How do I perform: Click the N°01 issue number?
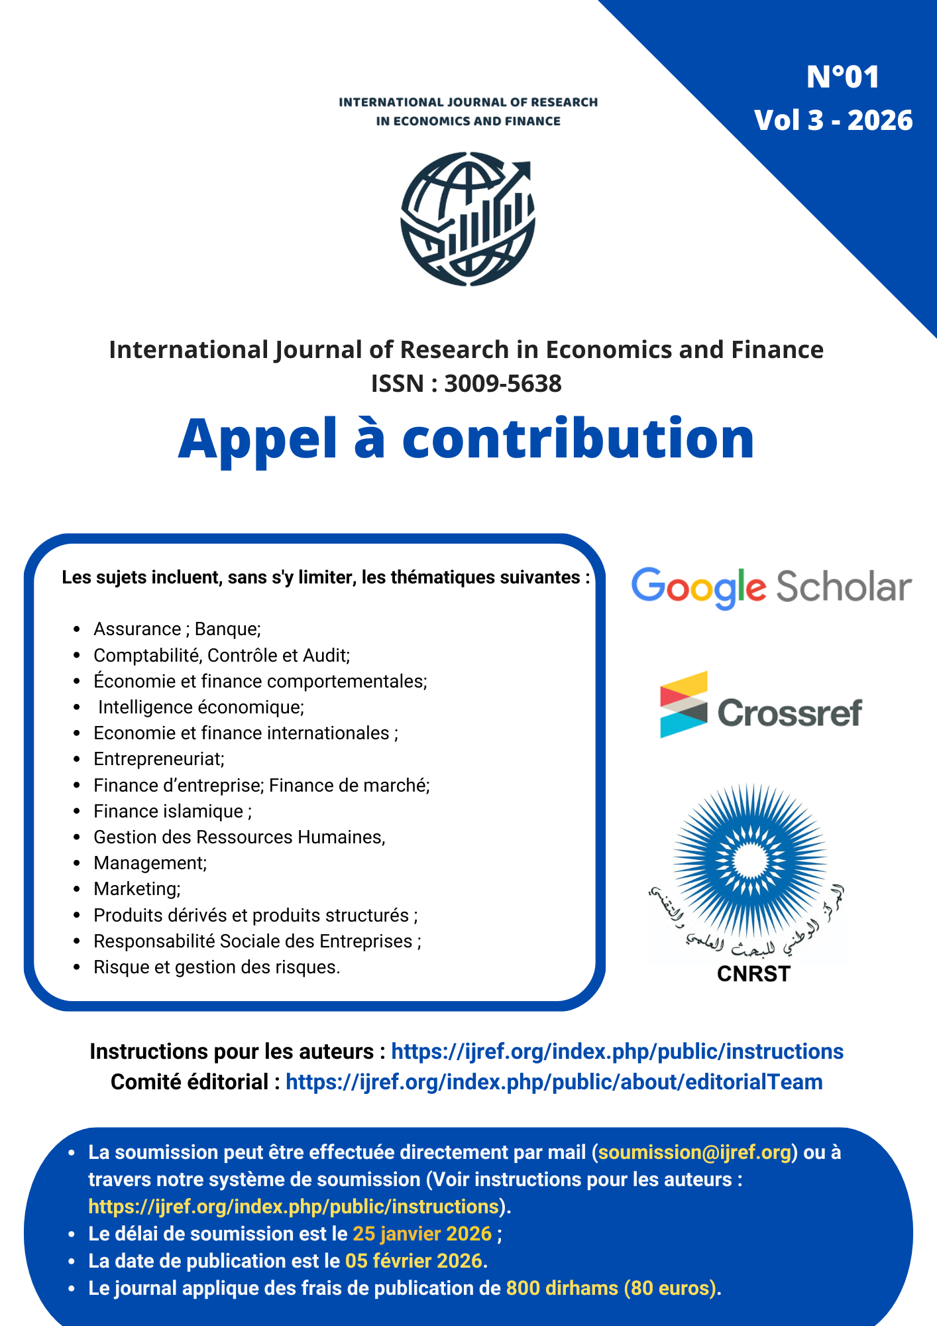(x=842, y=77)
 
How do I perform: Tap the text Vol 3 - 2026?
(x=833, y=121)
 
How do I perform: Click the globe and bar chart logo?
(x=468, y=219)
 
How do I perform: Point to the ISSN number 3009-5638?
(x=502, y=384)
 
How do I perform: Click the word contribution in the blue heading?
(x=578, y=438)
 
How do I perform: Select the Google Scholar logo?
(x=771, y=587)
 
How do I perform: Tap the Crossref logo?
(x=761, y=705)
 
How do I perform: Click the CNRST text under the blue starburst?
(x=753, y=974)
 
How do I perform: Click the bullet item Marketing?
(x=137, y=889)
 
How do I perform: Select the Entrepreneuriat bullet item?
(x=159, y=759)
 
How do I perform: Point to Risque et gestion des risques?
(x=217, y=967)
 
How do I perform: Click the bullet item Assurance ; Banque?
(x=177, y=629)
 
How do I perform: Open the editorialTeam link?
(x=553, y=1082)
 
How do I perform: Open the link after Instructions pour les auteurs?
(x=617, y=1052)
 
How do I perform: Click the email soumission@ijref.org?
(x=694, y=1152)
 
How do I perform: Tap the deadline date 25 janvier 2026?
(x=422, y=1234)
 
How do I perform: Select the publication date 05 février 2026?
(x=414, y=1261)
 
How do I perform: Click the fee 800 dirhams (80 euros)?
(x=612, y=1288)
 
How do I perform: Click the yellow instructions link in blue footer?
(x=294, y=1207)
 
